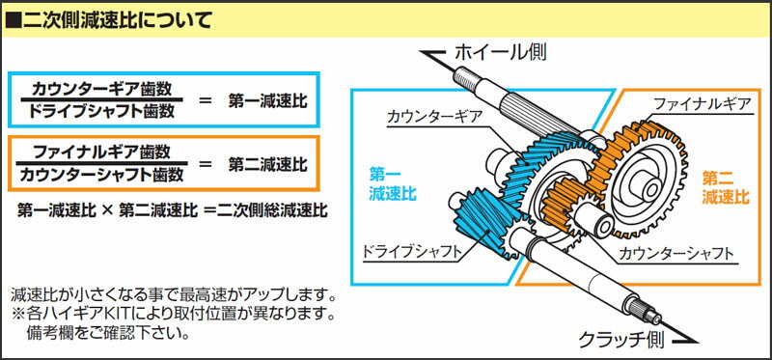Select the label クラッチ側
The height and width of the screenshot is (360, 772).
coord(619,339)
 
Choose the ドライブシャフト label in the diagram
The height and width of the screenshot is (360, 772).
coord(409,252)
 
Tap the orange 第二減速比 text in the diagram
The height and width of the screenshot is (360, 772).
coord(726,186)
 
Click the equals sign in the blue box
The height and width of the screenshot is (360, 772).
coord(204,99)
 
